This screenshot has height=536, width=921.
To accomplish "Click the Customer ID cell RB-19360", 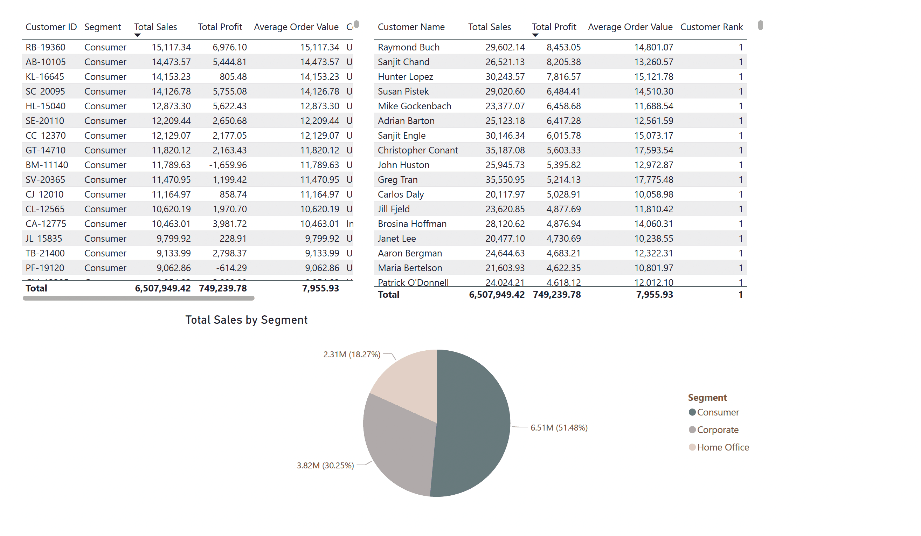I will [x=45, y=47].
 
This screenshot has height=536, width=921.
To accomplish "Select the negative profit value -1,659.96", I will [x=228, y=165].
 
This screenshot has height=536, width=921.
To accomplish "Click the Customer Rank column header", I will [x=711, y=27].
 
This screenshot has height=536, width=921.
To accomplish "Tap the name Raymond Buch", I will [x=408, y=47].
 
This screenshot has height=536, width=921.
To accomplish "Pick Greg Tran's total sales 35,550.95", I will [x=505, y=179].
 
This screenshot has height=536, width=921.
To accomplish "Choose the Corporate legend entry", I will [x=717, y=430].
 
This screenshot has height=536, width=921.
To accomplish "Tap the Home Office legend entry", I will [x=722, y=447].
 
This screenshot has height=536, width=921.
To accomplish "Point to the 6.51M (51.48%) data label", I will [x=559, y=427].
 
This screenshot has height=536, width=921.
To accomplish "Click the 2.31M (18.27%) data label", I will [x=352, y=354].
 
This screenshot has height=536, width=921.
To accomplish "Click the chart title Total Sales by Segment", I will [x=246, y=320].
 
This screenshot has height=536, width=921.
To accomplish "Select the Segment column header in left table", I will [x=102, y=27].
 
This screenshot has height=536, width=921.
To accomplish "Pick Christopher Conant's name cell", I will [x=417, y=150].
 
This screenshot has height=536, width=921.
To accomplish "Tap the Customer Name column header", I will [x=411, y=27].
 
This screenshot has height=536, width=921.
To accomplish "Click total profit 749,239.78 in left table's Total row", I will [x=223, y=288].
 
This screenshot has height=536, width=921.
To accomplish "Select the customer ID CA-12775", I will [x=46, y=224].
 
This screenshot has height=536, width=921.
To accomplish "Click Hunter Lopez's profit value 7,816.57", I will [x=563, y=77].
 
